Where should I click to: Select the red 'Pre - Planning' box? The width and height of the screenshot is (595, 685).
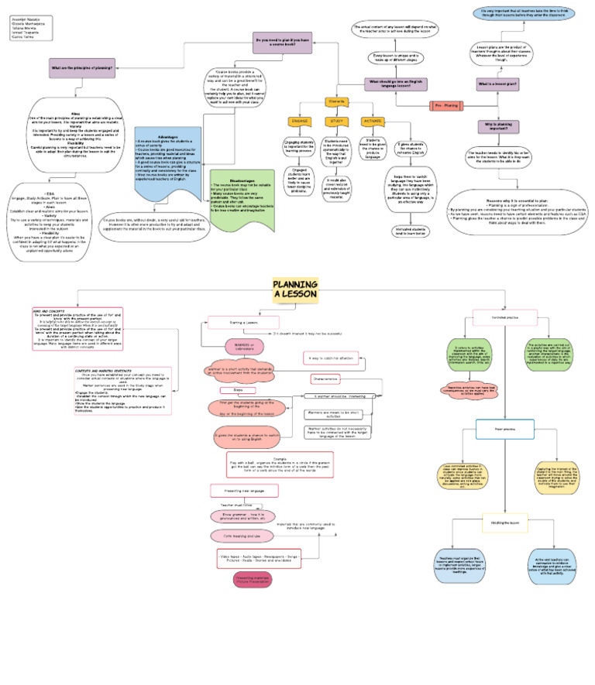pyautogui.click(x=446, y=104)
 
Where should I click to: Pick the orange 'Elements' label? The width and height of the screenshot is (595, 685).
pyautogui.click(x=336, y=101)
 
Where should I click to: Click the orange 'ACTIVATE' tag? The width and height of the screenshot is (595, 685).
pyautogui.click(x=372, y=122)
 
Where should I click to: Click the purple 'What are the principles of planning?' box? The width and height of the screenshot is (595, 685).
pyautogui.click(x=82, y=68)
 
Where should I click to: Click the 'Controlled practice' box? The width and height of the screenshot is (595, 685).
pyautogui.click(x=506, y=318)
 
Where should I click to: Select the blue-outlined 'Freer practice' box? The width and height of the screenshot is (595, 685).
pyautogui.click(x=506, y=428)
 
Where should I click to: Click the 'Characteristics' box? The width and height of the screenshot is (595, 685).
pyautogui.click(x=326, y=379)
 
